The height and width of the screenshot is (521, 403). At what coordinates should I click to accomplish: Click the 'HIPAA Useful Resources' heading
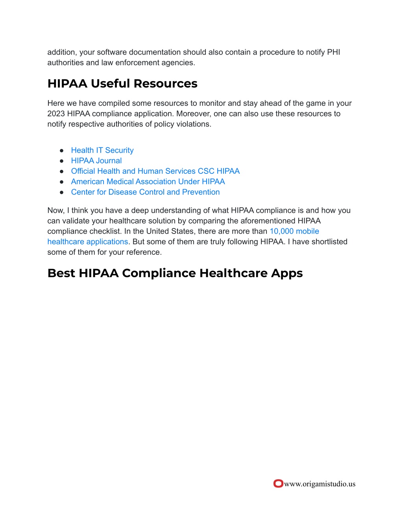coord(122,83)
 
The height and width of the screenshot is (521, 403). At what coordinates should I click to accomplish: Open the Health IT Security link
coord(102,150)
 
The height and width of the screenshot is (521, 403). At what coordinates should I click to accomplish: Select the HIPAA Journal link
coord(96,160)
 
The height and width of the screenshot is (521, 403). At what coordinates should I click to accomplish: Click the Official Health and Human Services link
coord(155,171)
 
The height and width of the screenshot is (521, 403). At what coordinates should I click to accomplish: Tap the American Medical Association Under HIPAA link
coord(148,182)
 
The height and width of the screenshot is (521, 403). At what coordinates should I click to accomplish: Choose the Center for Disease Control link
coord(145,192)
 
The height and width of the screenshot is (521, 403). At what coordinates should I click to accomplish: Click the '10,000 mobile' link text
coord(294,231)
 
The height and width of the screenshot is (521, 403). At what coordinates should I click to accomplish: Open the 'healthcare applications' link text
coord(88,241)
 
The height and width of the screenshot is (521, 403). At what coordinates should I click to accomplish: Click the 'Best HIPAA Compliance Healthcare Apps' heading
coord(175,273)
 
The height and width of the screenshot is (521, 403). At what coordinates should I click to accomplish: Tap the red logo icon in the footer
coord(278,483)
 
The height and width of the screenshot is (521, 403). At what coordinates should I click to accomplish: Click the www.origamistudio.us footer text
coord(320,484)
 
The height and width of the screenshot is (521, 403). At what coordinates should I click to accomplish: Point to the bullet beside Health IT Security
coord(62,151)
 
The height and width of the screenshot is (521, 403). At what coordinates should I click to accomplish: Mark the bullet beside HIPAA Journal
coord(62,161)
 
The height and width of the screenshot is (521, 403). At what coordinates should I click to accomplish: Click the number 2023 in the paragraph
coord(56,114)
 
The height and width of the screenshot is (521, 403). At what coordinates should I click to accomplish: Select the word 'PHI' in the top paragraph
coord(333,52)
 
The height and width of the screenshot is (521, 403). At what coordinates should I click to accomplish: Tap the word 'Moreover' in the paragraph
coord(192,114)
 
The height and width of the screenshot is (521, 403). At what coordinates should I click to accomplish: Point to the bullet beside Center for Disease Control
coord(62,192)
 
